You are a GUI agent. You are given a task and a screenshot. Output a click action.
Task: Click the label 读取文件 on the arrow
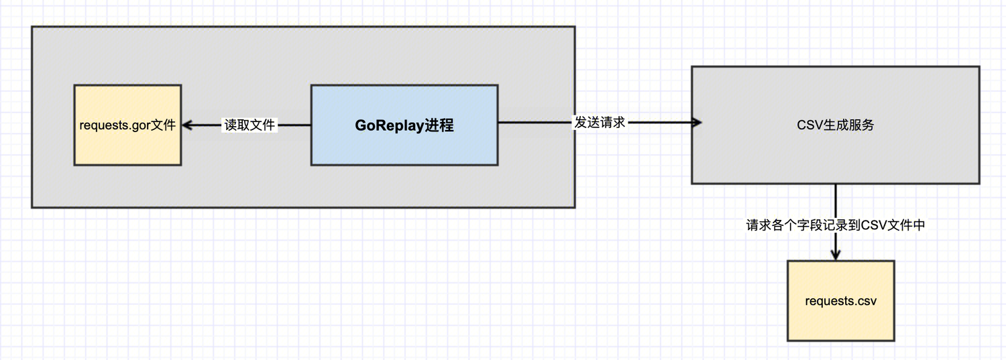[x=249, y=125]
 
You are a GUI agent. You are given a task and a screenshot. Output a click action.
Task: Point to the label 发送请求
[x=600, y=123]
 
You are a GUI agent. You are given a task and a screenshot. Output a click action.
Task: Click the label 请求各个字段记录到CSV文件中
[x=836, y=225]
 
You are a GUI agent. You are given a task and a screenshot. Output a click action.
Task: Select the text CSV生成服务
[x=835, y=125]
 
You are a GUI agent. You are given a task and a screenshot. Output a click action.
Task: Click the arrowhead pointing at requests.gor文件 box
[x=187, y=125]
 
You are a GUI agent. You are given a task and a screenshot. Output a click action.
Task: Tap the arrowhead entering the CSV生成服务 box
[x=696, y=123]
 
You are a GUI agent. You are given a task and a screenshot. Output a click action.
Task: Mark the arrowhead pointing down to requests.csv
[x=836, y=255]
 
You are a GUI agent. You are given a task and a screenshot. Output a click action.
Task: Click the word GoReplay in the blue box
[x=390, y=125]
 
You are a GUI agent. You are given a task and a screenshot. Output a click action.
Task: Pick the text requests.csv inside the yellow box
[x=840, y=301]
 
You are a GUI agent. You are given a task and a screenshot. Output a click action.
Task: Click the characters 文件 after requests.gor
[x=163, y=125]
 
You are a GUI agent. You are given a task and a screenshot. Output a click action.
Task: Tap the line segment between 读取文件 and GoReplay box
[x=294, y=125]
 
